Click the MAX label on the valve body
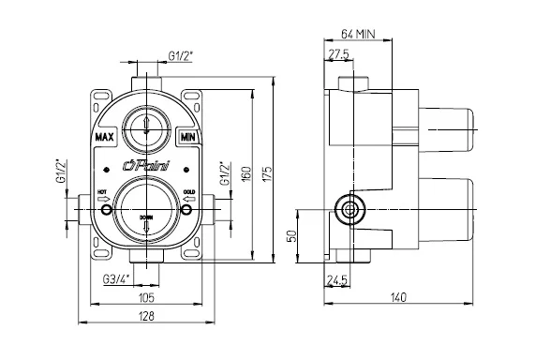click(106, 137)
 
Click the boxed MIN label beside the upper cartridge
click(187, 137)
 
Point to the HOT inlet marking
click(103, 193)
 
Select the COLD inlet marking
click(190, 193)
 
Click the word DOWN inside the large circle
click(146, 217)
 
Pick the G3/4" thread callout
click(116, 279)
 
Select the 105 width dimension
click(147, 297)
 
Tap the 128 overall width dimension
click(147, 317)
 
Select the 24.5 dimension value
click(337, 279)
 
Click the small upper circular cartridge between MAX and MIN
click(147, 124)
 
